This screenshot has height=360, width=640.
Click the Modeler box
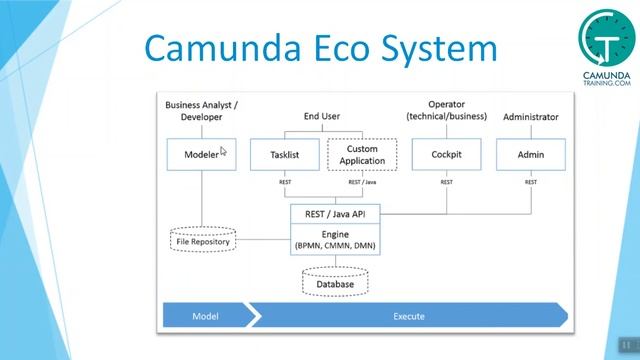(x=201, y=155)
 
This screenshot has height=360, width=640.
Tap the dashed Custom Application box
(x=362, y=155)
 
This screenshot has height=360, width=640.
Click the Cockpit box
(x=446, y=155)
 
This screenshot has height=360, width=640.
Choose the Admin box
(x=531, y=155)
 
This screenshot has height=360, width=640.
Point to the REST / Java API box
(x=335, y=213)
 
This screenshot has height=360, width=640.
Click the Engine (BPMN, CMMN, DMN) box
(x=335, y=238)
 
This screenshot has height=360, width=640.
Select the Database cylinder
(x=335, y=283)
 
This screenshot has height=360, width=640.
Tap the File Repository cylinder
(x=203, y=240)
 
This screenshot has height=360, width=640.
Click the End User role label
(x=323, y=117)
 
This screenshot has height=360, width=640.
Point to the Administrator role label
(x=530, y=117)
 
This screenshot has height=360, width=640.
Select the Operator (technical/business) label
(x=446, y=110)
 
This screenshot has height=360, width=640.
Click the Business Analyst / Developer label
(x=201, y=110)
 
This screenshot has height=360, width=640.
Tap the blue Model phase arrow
(x=206, y=316)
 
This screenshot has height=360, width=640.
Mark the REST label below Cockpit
(x=446, y=182)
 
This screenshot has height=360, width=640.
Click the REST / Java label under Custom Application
(x=361, y=182)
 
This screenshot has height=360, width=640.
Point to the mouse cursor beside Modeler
(x=224, y=152)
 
